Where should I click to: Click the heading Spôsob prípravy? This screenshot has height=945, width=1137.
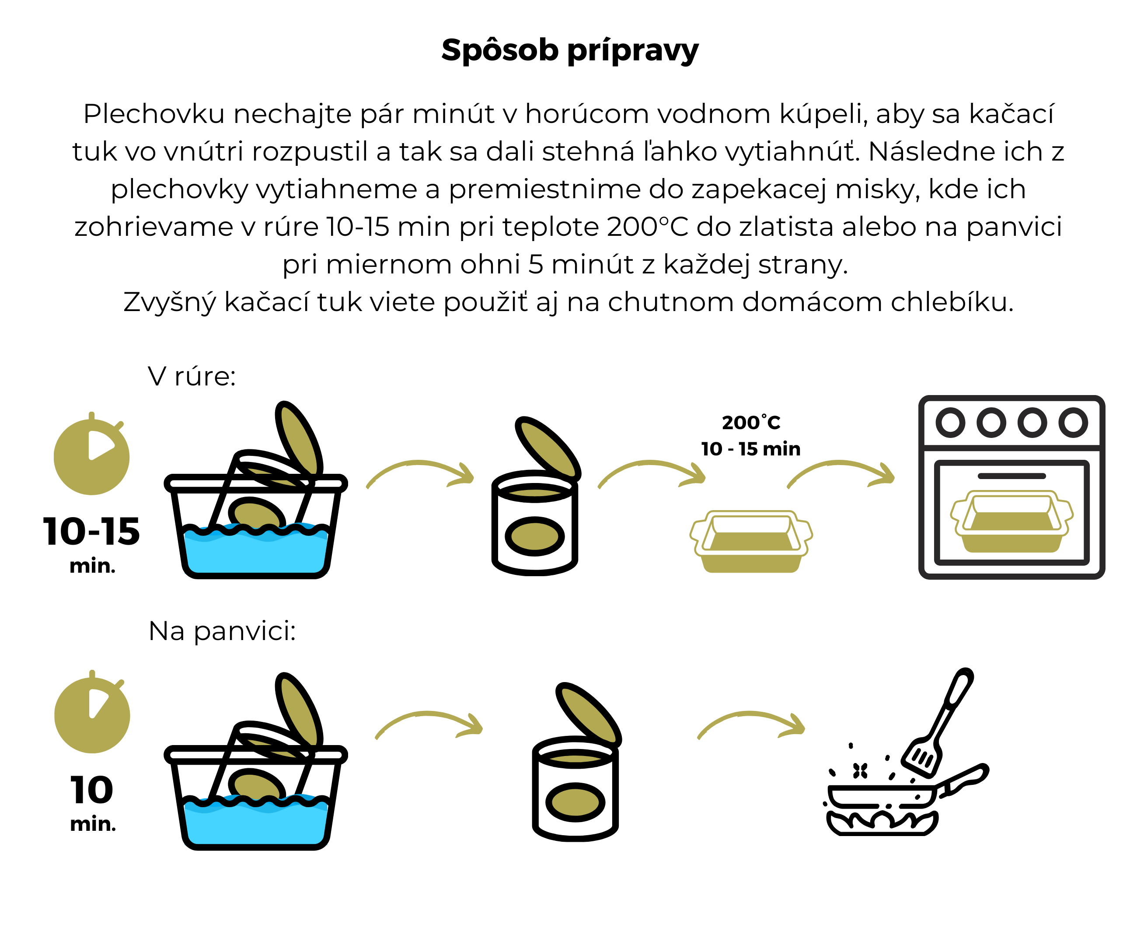point(569,50)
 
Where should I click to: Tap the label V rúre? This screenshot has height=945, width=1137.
point(192,376)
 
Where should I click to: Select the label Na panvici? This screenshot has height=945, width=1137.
point(222,631)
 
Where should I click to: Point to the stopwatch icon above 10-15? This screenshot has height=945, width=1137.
point(91,456)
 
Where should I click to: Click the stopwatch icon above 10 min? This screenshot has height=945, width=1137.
point(92,714)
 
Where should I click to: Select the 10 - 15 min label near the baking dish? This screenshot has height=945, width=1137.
point(750,449)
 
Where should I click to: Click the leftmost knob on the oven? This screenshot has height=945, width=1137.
point(950,423)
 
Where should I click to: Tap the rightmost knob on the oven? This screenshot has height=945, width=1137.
point(1073,423)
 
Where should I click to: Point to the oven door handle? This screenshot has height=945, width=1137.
point(1011,476)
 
